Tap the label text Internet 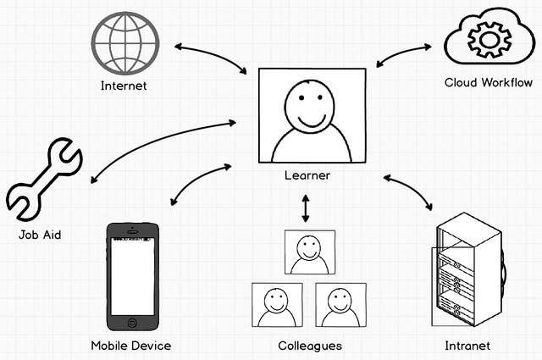coord(124,86)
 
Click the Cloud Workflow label coord(489,83)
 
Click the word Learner coord(307,176)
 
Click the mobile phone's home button coord(131,323)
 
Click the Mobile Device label coord(131,346)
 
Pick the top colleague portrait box coord(309,252)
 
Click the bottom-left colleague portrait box coord(277,305)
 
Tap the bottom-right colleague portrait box coord(340,305)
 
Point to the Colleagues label coord(310,346)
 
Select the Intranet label coord(467,346)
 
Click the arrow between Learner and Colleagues coord(306,209)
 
